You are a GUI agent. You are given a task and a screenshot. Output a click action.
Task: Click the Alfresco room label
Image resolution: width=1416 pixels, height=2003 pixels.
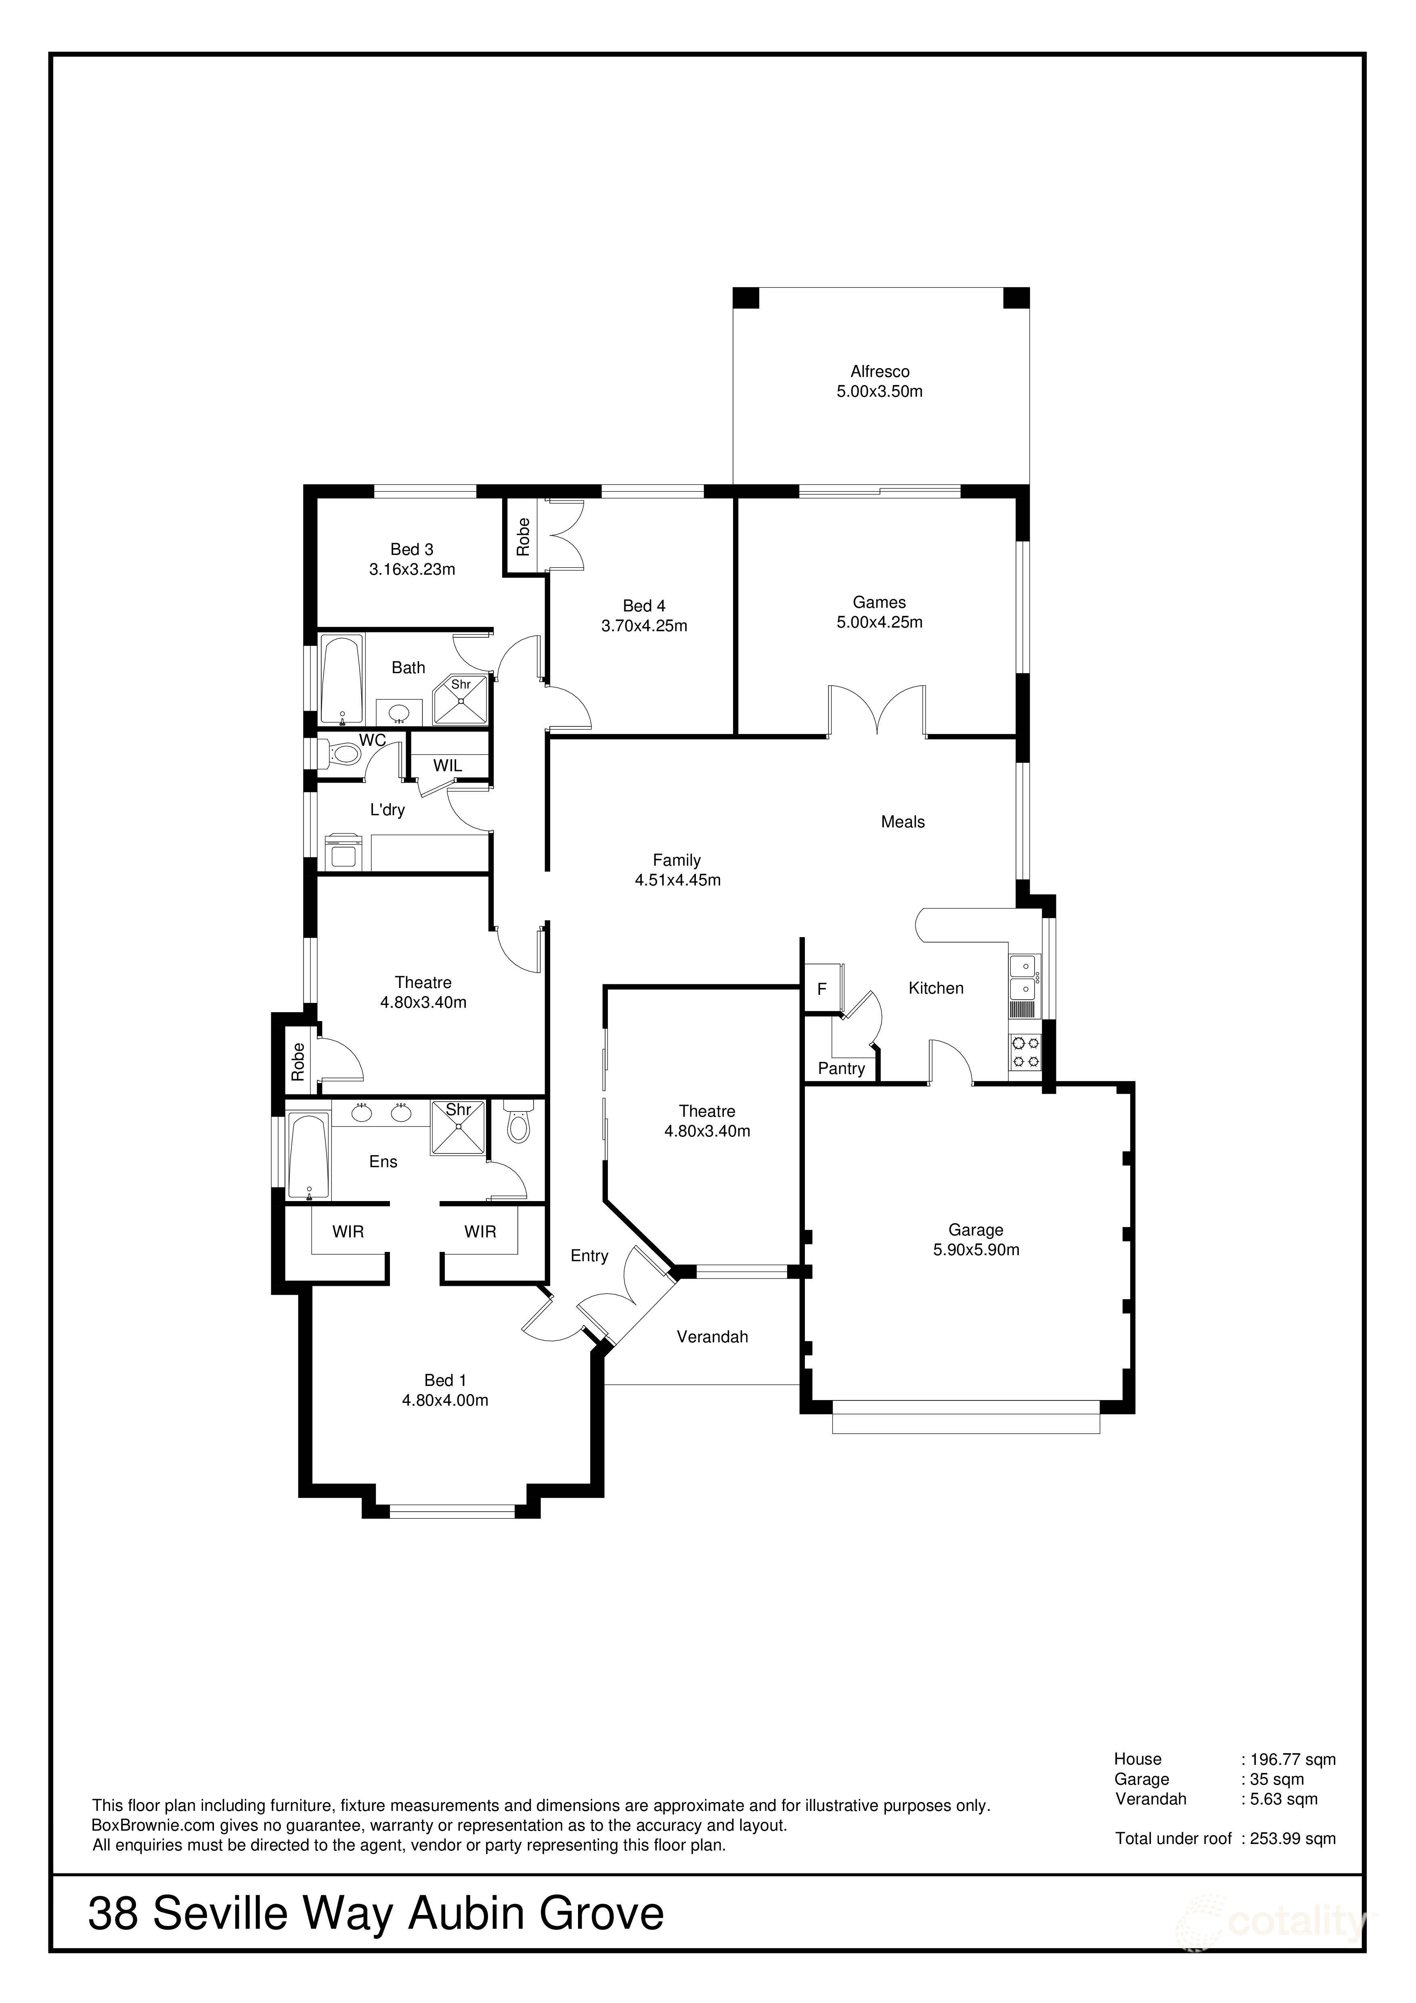tap(880, 372)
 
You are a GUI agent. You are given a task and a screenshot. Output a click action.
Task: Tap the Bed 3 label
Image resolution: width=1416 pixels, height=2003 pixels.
tap(412, 550)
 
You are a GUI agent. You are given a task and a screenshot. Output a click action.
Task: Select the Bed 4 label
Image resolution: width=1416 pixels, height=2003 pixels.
tap(644, 605)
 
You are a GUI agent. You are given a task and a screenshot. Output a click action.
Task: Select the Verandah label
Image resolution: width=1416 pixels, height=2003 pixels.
tap(712, 1337)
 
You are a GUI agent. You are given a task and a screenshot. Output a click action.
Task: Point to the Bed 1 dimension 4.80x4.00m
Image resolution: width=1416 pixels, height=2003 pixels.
tap(445, 1400)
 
